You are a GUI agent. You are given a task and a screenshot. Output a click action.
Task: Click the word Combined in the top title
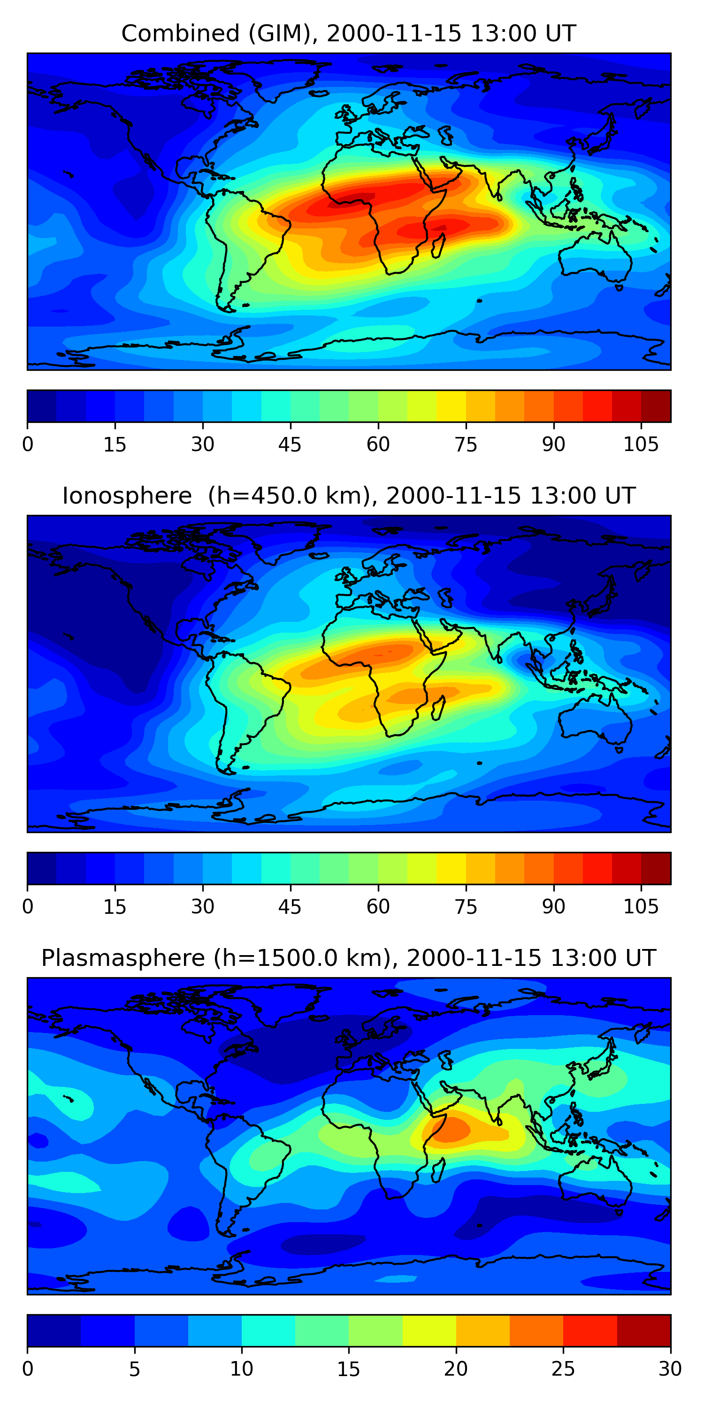click(180, 34)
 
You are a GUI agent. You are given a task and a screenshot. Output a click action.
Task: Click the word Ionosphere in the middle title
click(127, 496)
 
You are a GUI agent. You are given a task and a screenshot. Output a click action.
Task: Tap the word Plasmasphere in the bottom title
click(122, 958)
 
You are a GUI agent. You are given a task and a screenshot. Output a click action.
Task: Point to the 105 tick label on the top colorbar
click(641, 445)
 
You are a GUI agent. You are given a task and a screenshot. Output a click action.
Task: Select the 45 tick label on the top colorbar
click(290, 445)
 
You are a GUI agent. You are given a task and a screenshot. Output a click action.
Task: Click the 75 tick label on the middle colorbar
click(466, 907)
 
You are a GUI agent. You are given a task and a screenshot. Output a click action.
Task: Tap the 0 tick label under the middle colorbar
click(27, 907)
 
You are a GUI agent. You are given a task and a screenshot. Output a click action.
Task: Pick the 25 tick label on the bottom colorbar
click(563, 1369)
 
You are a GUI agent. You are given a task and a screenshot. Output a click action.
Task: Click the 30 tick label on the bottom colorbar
click(670, 1369)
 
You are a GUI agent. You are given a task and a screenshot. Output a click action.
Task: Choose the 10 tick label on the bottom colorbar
click(241, 1369)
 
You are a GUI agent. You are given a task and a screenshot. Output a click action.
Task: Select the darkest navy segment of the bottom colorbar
click(54, 1331)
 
